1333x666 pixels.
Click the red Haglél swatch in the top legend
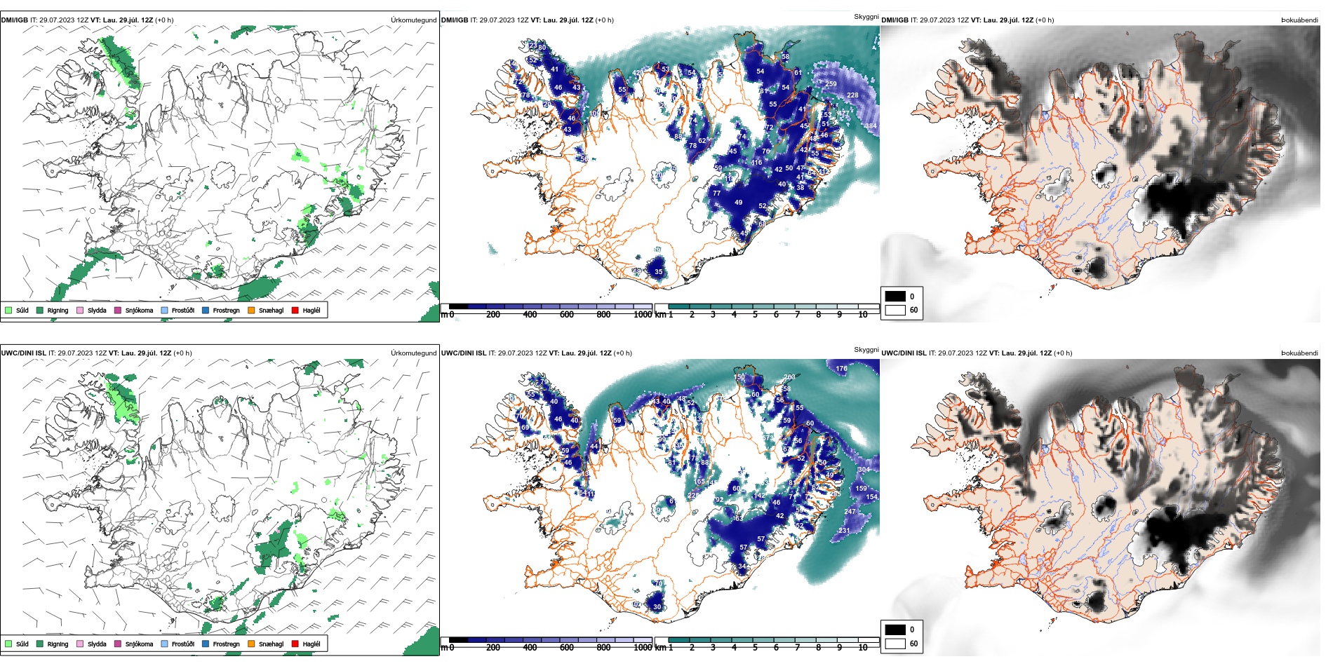tap(295, 310)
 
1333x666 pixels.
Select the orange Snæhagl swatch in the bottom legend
tap(251, 644)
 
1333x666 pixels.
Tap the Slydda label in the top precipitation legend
tap(97, 311)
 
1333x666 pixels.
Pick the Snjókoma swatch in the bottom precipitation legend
tap(118, 644)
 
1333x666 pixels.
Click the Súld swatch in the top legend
tap(8, 310)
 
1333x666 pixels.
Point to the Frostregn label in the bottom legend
tap(226, 644)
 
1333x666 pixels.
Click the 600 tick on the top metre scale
tap(567, 315)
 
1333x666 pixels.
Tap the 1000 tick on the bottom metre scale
tap(643, 648)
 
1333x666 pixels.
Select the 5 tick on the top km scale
tap(755, 315)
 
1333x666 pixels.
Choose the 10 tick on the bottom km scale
tap(863, 648)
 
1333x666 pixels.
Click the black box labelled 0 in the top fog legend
tap(895, 297)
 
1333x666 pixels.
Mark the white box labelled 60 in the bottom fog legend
tap(895, 644)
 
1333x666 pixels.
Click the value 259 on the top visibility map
tap(831, 84)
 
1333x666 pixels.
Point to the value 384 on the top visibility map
tap(870, 126)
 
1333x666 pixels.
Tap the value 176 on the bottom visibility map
tap(841, 368)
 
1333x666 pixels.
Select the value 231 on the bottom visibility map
tap(843, 531)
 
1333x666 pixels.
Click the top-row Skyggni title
tap(866, 17)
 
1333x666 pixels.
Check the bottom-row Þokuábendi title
tap(1299, 353)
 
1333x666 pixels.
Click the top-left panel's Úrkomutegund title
tap(413, 20)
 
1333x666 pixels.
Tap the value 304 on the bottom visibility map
tap(864, 470)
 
